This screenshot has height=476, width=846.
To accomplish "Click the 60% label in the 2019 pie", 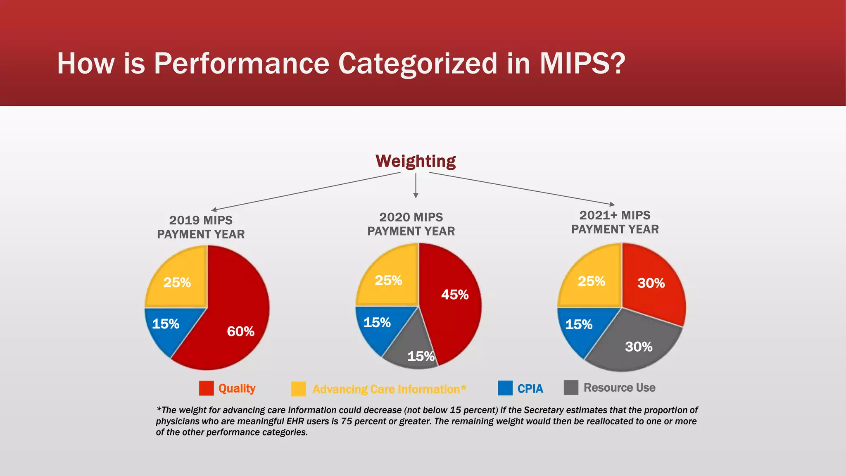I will pyautogui.click(x=240, y=331).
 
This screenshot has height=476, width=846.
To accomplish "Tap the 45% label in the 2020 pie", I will pyautogui.click(x=455, y=295).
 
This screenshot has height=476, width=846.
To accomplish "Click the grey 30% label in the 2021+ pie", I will pyautogui.click(x=639, y=347).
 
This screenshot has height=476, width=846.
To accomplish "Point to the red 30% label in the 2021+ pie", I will pyautogui.click(x=651, y=283).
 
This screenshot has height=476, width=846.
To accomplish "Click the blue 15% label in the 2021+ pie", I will pyautogui.click(x=579, y=325).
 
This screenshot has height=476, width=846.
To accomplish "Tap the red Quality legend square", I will pyautogui.click(x=206, y=388).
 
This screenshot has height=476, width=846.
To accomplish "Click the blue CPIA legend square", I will pyautogui.click(x=505, y=388).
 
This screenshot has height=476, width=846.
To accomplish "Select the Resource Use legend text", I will pyautogui.click(x=619, y=388).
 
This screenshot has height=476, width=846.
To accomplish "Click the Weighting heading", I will pyautogui.click(x=416, y=161).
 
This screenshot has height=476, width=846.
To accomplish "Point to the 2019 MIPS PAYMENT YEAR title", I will pyautogui.click(x=201, y=227).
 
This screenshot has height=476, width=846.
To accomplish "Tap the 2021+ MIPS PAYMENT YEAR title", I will pyautogui.click(x=615, y=222).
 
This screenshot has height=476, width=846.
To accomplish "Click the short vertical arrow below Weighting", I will pyautogui.click(x=416, y=186).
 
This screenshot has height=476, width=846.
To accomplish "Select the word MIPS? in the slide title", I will pyautogui.click(x=582, y=64).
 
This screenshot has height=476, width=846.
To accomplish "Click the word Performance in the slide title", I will pyautogui.click(x=242, y=64).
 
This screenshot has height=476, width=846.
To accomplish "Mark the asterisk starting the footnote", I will pyautogui.click(x=159, y=409).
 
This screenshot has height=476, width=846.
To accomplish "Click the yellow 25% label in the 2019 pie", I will pyautogui.click(x=177, y=283).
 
